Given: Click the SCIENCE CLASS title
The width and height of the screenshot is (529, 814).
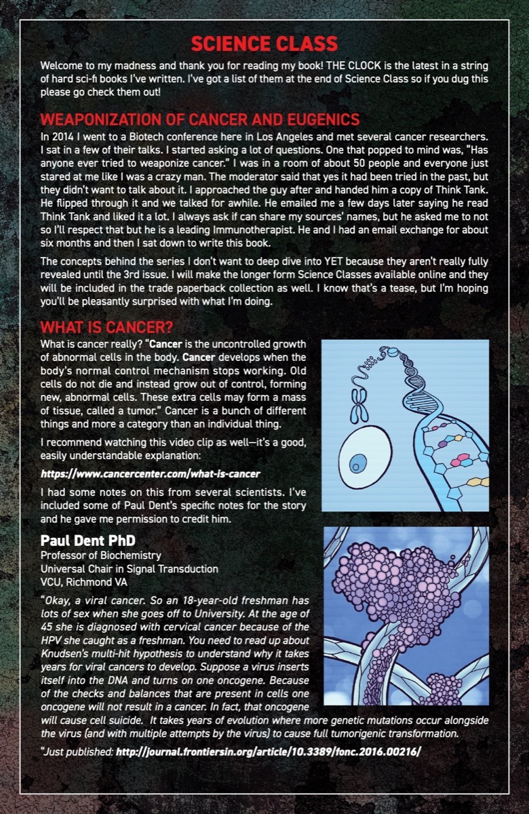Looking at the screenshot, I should coord(264,45).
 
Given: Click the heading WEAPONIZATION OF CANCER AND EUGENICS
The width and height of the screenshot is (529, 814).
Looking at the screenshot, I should coord(200,119).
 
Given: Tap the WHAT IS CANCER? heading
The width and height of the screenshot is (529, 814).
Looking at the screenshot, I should coord(106,328).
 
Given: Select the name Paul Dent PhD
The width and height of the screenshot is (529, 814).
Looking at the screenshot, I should coord(87,541).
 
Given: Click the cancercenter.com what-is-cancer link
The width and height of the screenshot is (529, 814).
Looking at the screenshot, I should coord(151,473).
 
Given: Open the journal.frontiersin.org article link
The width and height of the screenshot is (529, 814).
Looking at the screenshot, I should coord(269,752).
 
